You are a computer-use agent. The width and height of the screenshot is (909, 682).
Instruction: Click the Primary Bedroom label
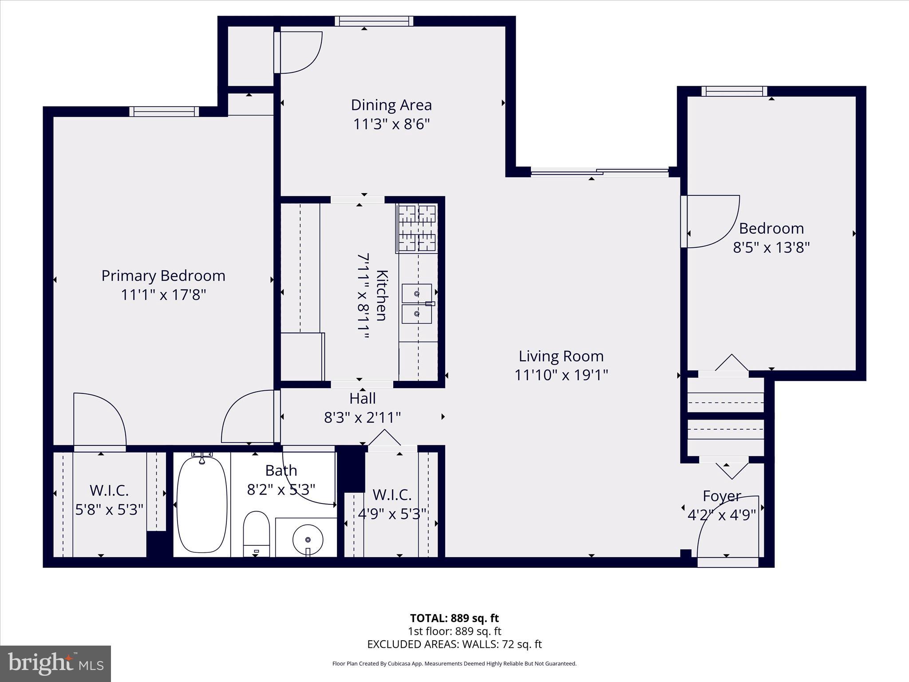[x=163, y=276]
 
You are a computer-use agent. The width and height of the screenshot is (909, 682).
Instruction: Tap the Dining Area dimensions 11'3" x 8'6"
[x=391, y=124]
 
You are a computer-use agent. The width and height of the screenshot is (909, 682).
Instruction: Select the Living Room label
[x=561, y=356]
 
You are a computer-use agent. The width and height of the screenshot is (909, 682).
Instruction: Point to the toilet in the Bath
[x=257, y=533]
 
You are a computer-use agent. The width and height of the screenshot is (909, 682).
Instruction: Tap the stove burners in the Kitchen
[x=417, y=228]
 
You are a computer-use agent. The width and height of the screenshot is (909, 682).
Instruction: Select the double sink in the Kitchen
[x=417, y=304]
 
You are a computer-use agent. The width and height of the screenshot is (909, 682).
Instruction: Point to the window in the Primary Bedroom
[x=164, y=111]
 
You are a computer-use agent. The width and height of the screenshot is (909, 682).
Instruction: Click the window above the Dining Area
[x=374, y=21]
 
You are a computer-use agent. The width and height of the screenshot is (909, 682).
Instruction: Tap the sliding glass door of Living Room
[x=599, y=172]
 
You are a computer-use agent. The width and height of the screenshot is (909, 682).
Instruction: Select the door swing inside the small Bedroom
[x=710, y=221]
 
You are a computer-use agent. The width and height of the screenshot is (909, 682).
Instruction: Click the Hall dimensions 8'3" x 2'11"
[x=362, y=418]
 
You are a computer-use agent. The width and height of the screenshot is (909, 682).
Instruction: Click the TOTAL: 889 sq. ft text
[x=454, y=618]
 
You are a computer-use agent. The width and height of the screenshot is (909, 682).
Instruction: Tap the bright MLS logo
[x=55, y=664]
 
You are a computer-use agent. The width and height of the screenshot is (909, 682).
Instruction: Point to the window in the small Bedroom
[x=734, y=91]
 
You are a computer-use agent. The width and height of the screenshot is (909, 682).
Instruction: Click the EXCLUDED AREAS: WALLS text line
[x=454, y=644]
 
